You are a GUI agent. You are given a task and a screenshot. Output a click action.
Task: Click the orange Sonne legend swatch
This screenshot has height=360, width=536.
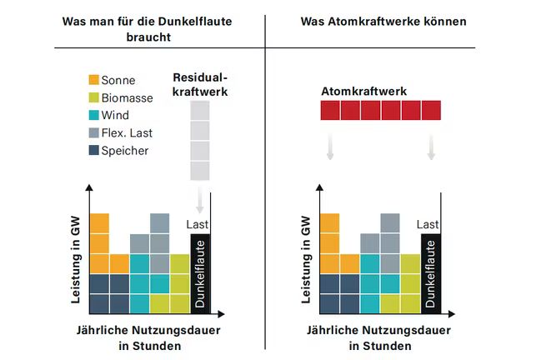[94, 81]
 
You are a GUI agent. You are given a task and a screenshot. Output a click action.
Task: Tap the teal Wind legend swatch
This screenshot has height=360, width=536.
[94, 116]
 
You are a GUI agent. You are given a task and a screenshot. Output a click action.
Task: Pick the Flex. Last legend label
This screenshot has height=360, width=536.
[128, 133]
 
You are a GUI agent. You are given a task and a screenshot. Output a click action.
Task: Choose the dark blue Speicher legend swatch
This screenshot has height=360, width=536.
[94, 151]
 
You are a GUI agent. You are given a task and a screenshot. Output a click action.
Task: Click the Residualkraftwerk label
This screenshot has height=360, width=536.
[200, 84]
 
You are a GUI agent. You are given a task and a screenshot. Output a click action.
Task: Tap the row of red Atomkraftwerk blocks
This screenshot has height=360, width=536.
[381, 110]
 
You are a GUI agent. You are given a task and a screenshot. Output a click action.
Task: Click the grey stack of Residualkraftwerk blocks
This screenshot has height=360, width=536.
[200, 140]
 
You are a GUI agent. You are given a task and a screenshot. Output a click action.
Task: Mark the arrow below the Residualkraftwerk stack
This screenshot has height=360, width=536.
[201, 201]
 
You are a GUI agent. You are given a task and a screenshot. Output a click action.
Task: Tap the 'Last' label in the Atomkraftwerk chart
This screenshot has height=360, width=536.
[428, 224]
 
